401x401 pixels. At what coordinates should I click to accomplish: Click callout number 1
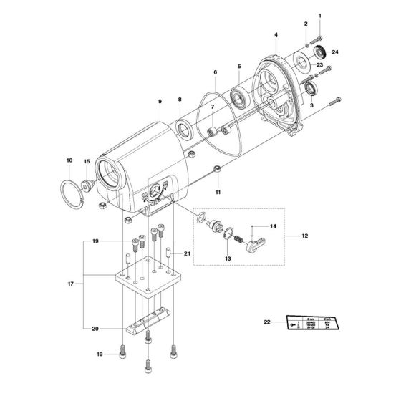pyautogui.click(x=320, y=16)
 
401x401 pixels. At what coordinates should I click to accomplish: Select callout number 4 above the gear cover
pyautogui.click(x=276, y=34)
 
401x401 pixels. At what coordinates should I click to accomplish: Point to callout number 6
pyautogui.click(x=214, y=72)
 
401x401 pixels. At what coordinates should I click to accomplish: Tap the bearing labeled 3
pyautogui.click(x=313, y=89)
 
